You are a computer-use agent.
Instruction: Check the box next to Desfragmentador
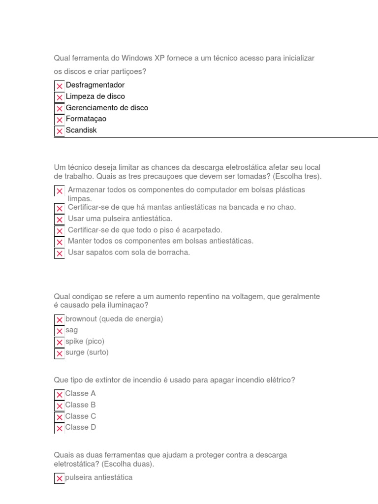pyautogui.click(x=60, y=86)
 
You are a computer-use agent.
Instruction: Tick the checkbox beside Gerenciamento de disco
pyautogui.click(x=60, y=108)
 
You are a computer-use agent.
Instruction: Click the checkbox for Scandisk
pyautogui.click(x=60, y=131)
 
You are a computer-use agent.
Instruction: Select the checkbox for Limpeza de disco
pyautogui.click(x=60, y=97)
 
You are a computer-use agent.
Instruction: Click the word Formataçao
pyautogui.click(x=86, y=119)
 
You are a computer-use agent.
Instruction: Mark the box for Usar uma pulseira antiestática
pyautogui.click(x=60, y=220)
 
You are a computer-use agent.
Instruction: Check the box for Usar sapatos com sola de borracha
pyautogui.click(x=60, y=253)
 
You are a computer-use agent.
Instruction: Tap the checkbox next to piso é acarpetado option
pyautogui.click(x=60, y=231)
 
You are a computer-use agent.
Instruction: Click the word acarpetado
pyautogui.click(x=204, y=230)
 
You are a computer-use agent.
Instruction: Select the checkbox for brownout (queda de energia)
pyautogui.click(x=60, y=319)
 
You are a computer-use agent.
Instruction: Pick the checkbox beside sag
pyautogui.click(x=60, y=331)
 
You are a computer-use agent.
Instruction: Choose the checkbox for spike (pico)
pyautogui.click(x=60, y=342)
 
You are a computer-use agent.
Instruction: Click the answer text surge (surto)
pyautogui.click(x=87, y=352)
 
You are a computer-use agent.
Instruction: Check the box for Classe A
pyautogui.click(x=60, y=394)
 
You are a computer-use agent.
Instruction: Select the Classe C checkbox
pyautogui.click(x=60, y=417)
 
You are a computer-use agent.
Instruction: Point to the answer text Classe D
pyautogui.click(x=81, y=427)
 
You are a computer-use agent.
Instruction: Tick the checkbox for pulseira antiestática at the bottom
pyautogui.click(x=60, y=478)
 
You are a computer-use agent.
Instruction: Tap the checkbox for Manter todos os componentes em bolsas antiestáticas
pyautogui.click(x=60, y=242)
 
